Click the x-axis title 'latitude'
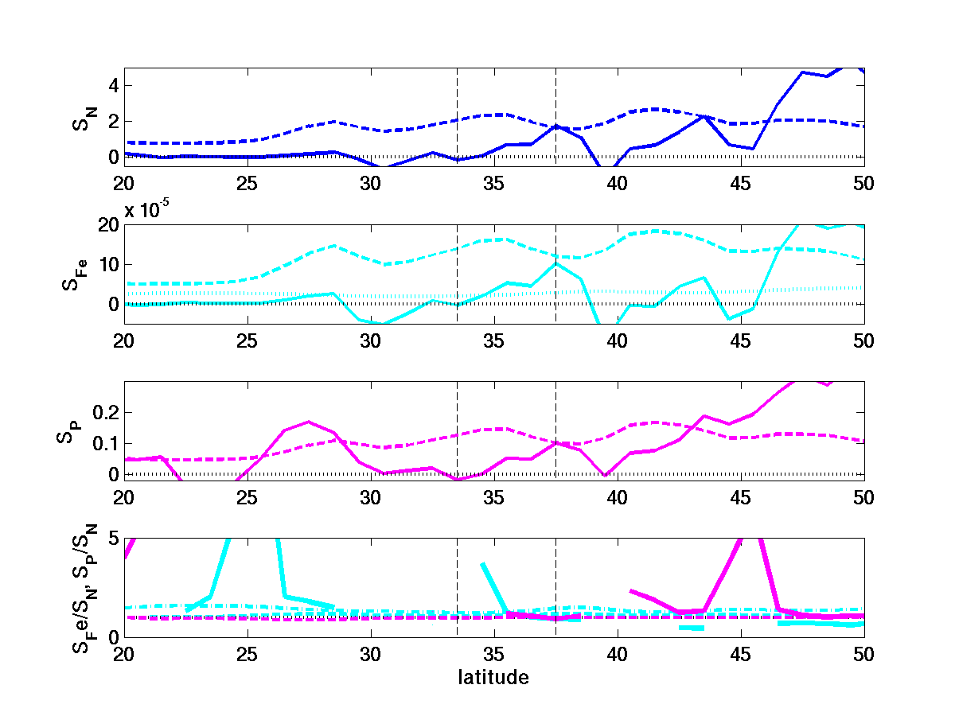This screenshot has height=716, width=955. [493, 678]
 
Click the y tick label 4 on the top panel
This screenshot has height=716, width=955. [113, 85]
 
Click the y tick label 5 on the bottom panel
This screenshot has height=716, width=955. [113, 539]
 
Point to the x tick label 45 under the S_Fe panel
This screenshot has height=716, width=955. [740, 341]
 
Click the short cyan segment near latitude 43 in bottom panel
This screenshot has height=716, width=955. [692, 628]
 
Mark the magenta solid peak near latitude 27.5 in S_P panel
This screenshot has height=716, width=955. [309, 422]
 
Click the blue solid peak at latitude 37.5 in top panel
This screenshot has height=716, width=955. [555, 126]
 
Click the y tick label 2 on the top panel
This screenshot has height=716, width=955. [113, 121]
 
